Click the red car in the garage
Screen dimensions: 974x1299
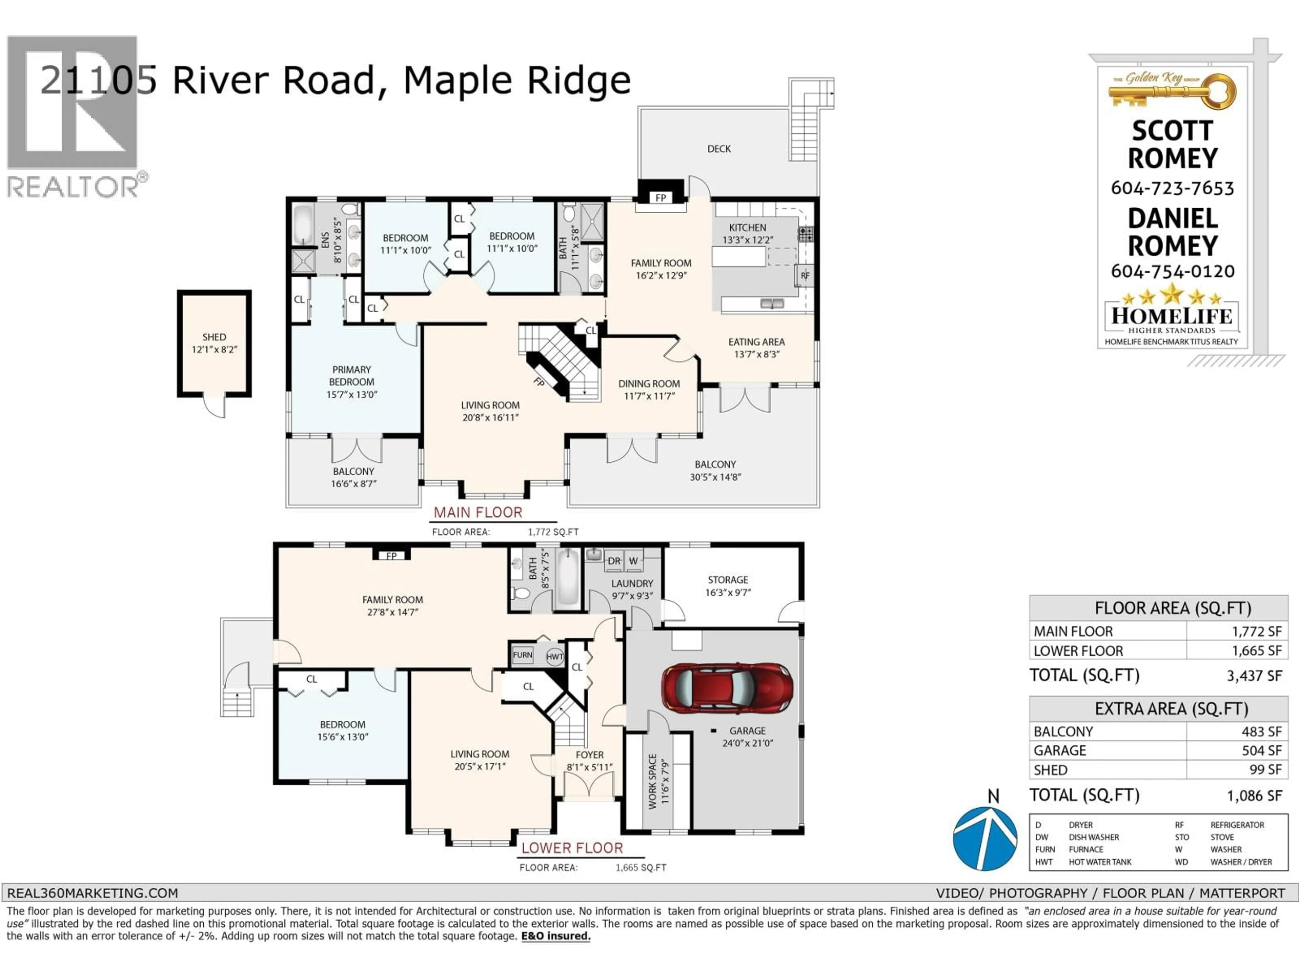pyautogui.click(x=727, y=688)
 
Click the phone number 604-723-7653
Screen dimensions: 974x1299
pyautogui.click(x=1172, y=188)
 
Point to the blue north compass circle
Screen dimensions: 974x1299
pyautogui.click(x=985, y=838)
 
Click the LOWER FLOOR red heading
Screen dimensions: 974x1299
pyautogui.click(x=572, y=848)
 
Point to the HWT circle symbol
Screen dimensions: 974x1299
pyautogui.click(x=554, y=657)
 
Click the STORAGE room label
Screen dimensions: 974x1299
pyautogui.click(x=728, y=579)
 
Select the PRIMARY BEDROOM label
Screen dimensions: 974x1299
pyautogui.click(x=351, y=376)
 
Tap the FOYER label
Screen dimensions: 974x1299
pyautogui.click(x=589, y=755)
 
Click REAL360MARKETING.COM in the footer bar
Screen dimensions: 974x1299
pyautogui.click(x=92, y=893)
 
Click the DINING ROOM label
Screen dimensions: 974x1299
pyautogui.click(x=649, y=384)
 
